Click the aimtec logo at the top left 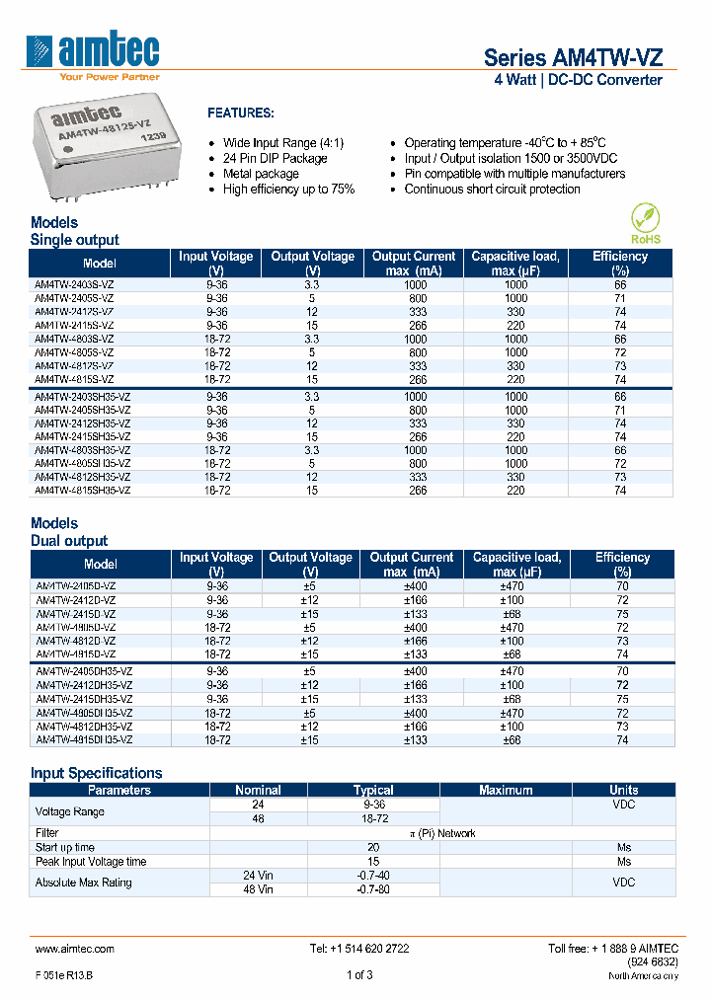pos(95,53)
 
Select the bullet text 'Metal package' pos(261,174)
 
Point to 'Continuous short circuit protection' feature pos(492,190)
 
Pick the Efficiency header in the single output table pos(620,263)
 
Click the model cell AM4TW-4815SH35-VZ pos(82,490)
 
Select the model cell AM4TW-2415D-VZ pos(75,613)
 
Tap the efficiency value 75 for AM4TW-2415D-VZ pos(622,613)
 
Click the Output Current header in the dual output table pos(412,564)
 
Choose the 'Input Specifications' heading pos(96,773)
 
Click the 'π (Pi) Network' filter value pos(442,833)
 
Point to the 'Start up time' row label pos(65,847)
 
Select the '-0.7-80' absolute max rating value pos(373,889)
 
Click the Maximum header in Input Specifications pos(506,790)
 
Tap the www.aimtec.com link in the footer pos(75,949)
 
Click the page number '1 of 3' pos(359,975)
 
